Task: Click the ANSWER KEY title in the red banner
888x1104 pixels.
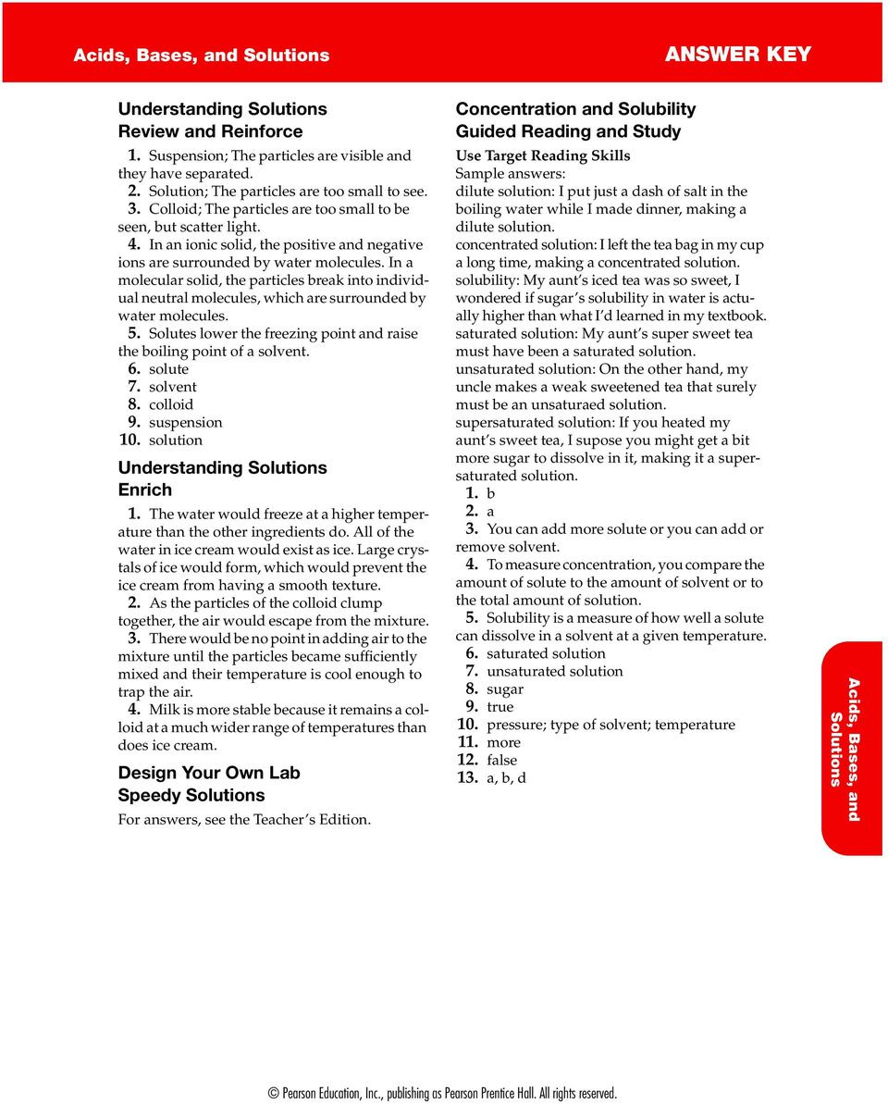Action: point(737,54)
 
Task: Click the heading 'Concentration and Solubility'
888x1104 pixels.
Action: point(575,109)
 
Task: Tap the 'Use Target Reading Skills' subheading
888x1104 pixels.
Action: point(543,155)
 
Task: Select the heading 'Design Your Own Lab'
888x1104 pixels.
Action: point(209,773)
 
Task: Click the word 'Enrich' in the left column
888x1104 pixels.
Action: point(145,490)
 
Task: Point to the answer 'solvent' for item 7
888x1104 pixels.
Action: point(172,387)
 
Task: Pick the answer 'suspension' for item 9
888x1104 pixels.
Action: point(185,422)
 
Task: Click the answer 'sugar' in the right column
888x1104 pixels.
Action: point(505,689)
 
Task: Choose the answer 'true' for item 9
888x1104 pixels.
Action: point(500,707)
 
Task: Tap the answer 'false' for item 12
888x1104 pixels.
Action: point(502,760)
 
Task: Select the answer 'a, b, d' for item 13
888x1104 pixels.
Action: point(506,778)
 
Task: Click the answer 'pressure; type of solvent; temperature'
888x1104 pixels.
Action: point(610,725)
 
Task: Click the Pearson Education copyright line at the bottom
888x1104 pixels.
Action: point(443,1093)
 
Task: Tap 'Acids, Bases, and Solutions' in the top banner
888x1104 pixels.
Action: point(202,55)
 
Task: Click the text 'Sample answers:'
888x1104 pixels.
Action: point(510,173)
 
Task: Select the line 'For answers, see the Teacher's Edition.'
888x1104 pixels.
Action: point(244,819)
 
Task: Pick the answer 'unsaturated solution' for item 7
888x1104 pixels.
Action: point(554,672)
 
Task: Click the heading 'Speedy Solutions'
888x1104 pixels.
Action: point(191,795)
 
